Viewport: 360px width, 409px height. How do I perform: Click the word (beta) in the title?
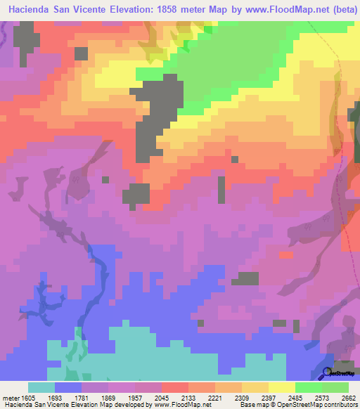pos(341,11)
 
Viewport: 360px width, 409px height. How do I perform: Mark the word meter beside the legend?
pos(9,397)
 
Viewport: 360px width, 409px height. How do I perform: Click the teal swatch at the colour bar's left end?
pos(41,387)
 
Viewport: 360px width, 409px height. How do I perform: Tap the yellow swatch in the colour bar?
pos(281,387)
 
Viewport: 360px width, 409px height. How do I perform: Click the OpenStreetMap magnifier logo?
pos(327,372)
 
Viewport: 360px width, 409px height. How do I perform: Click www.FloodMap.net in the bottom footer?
pos(179,405)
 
